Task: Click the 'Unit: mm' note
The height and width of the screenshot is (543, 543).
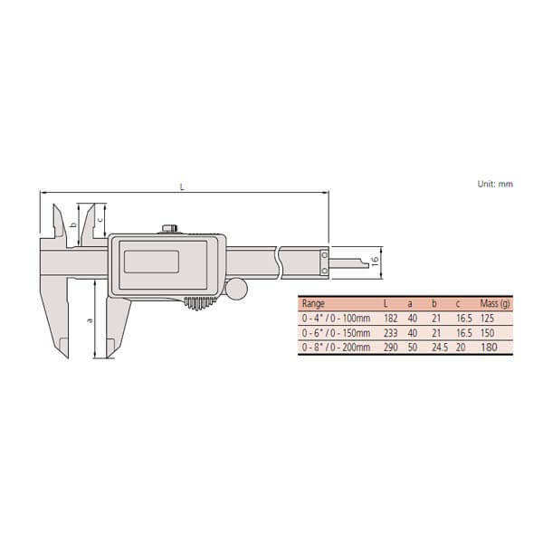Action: coord(495,184)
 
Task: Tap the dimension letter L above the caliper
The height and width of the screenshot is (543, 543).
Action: coord(183,187)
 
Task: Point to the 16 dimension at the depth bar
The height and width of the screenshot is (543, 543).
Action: coord(375,261)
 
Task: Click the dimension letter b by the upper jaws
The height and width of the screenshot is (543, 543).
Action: coord(73,225)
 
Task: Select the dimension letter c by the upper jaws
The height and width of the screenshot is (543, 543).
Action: coord(100,219)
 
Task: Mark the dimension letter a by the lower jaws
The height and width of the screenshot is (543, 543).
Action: coord(90,320)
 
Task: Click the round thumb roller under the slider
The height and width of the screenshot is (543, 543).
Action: coord(236,289)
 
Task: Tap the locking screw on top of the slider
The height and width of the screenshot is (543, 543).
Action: coord(170,229)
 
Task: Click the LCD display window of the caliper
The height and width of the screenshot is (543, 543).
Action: coord(152,262)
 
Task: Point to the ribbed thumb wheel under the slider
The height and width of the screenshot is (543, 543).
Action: coord(200,303)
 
